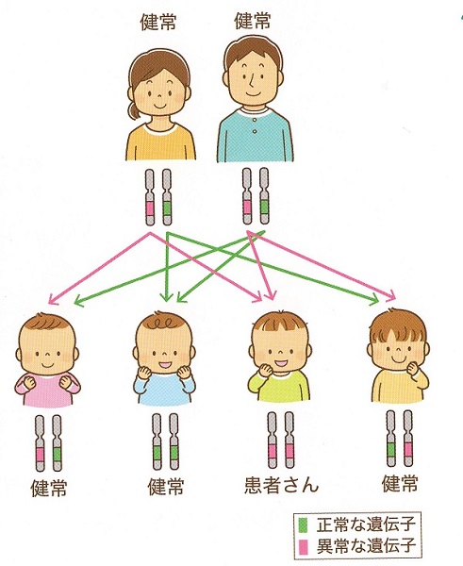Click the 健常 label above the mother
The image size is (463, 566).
[158, 23]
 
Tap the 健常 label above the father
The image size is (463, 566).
[253, 21]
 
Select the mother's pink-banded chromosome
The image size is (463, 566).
[150, 197]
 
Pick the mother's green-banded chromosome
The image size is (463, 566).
[167, 197]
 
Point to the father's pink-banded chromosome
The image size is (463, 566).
[247, 196]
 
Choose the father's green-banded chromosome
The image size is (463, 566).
[264, 196]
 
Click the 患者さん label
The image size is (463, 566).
[282, 485]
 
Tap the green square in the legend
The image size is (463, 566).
[304, 525]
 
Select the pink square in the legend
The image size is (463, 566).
[304, 546]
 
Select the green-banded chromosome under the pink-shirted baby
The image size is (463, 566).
[57, 443]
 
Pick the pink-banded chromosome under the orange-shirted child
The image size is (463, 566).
[407, 439]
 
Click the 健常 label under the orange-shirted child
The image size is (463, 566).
[400, 483]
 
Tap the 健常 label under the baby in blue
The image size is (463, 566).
[166, 486]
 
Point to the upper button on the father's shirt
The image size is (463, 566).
[255, 121]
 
